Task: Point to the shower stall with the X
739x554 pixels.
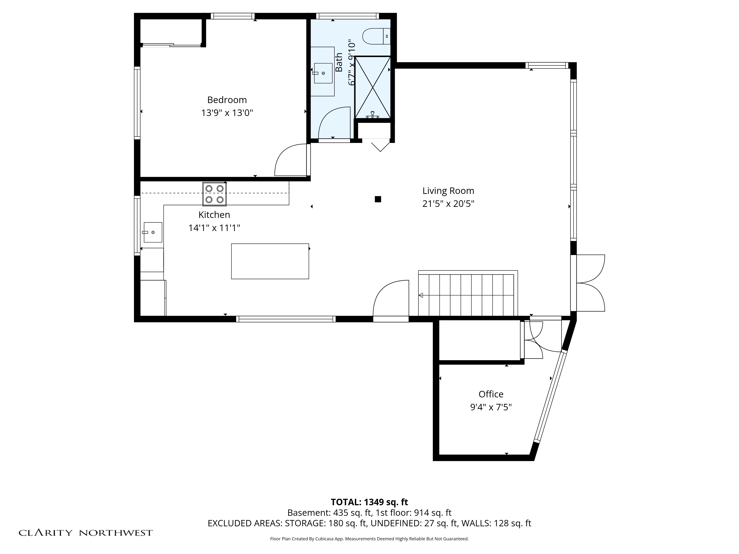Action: (372, 88)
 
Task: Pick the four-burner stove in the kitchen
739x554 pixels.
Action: (214, 194)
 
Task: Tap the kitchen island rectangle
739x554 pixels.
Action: (270, 261)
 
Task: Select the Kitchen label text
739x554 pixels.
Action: (214, 215)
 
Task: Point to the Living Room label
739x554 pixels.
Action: (448, 191)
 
